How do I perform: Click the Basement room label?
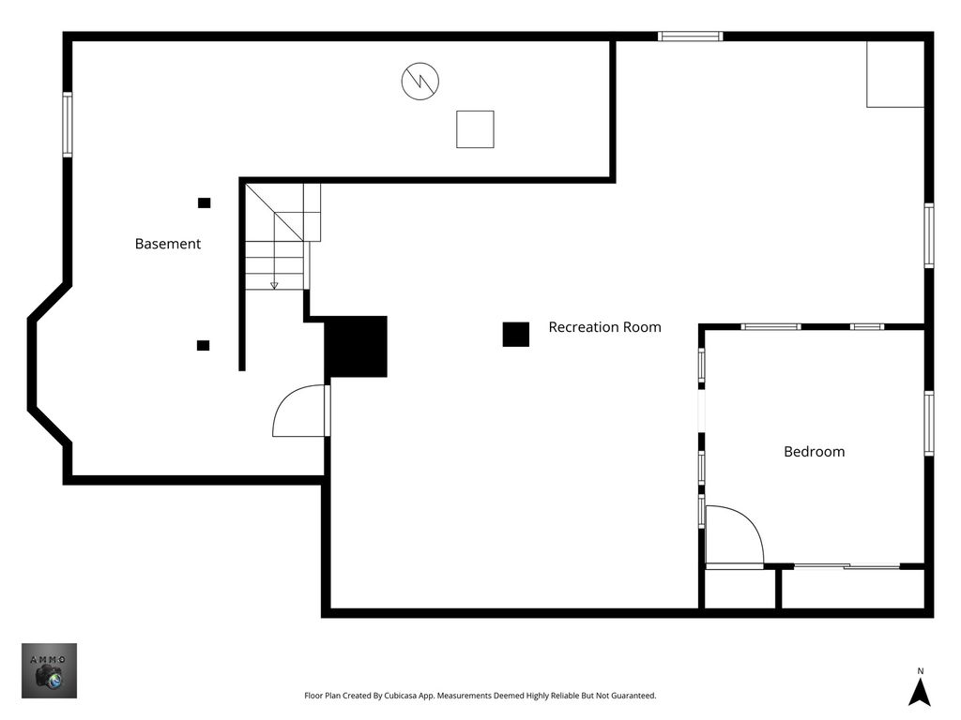167,244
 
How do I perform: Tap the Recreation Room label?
604,327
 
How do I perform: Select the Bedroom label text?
814,452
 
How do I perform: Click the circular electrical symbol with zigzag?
420,81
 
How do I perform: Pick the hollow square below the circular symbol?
475,129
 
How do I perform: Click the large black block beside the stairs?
356,347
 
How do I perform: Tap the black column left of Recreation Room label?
516,335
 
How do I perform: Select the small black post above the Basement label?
204,202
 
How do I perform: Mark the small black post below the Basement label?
203,345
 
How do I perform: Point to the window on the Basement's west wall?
68,125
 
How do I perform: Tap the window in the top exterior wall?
690,37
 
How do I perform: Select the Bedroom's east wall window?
929,423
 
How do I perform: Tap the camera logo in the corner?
50,670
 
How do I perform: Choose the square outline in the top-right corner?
895,74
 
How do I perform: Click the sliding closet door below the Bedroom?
847,566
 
